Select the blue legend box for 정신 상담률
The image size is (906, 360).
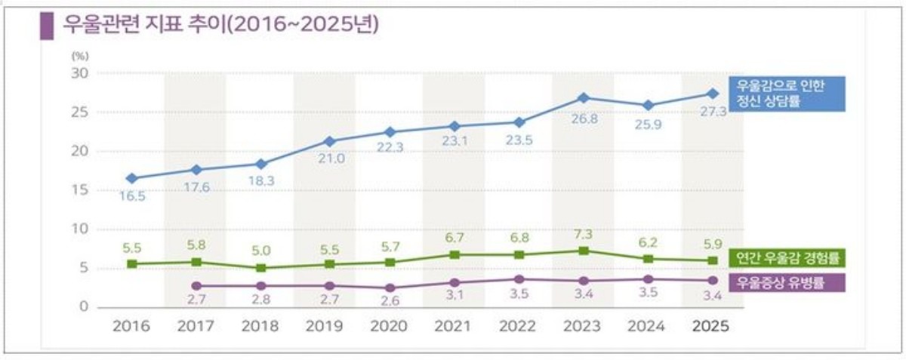point(785,94)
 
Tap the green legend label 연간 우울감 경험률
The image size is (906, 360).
point(786,258)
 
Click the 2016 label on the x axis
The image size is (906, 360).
point(131,328)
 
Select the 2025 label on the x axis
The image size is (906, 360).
point(711,328)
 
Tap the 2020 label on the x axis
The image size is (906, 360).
point(390,328)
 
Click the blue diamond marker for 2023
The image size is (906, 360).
point(583,97)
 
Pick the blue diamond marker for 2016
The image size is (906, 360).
point(131,178)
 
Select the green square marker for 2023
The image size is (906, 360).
point(583,251)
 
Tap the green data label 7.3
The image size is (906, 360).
point(583,235)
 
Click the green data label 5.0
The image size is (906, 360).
point(260,251)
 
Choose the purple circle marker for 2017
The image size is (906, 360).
point(196,286)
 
